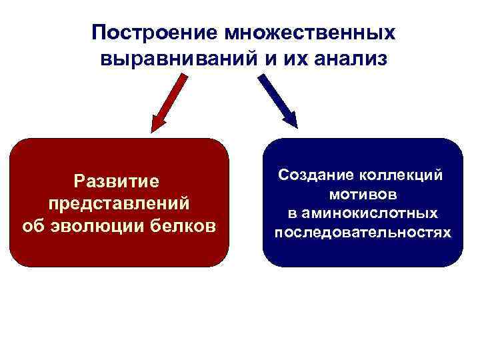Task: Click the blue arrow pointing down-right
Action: pos(277,100)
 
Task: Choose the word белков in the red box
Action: pos(188,225)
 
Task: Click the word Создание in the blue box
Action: pos(316,175)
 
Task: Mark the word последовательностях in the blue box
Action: pos(363,233)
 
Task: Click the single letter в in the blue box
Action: pos(293,214)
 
